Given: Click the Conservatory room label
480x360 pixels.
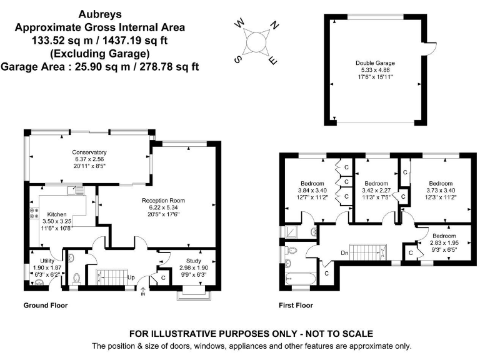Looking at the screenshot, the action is pos(89,152).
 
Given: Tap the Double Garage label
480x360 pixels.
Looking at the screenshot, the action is pos(375,63).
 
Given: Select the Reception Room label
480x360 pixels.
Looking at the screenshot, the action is pos(163,201).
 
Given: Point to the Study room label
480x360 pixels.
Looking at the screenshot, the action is pos(194,261).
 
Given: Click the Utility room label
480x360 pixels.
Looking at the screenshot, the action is pos(47,261).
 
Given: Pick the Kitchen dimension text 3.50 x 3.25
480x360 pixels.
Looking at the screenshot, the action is pos(57,221).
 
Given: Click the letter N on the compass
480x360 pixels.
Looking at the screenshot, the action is pos(274,25).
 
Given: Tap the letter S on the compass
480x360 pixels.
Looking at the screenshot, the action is pos(237,59).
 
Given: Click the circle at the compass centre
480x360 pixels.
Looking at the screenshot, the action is pos(256,42).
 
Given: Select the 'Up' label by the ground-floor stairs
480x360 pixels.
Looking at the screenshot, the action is pos(131,277).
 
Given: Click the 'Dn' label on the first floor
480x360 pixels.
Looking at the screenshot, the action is pos(344,253).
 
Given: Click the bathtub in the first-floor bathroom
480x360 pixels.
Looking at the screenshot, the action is pos(301,279).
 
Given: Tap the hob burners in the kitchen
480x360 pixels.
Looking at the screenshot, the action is pos(34,213).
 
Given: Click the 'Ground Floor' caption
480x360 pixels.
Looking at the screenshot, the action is pos(46,305).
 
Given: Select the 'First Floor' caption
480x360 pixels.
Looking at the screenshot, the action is pos(296,305).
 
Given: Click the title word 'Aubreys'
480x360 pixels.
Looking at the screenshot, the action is pos(100,14).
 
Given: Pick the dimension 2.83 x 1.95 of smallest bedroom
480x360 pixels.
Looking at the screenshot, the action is pos(444,242).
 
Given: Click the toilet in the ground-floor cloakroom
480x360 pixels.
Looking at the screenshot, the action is pos(76,279).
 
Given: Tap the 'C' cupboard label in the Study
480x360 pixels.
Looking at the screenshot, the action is pos(163,278).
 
